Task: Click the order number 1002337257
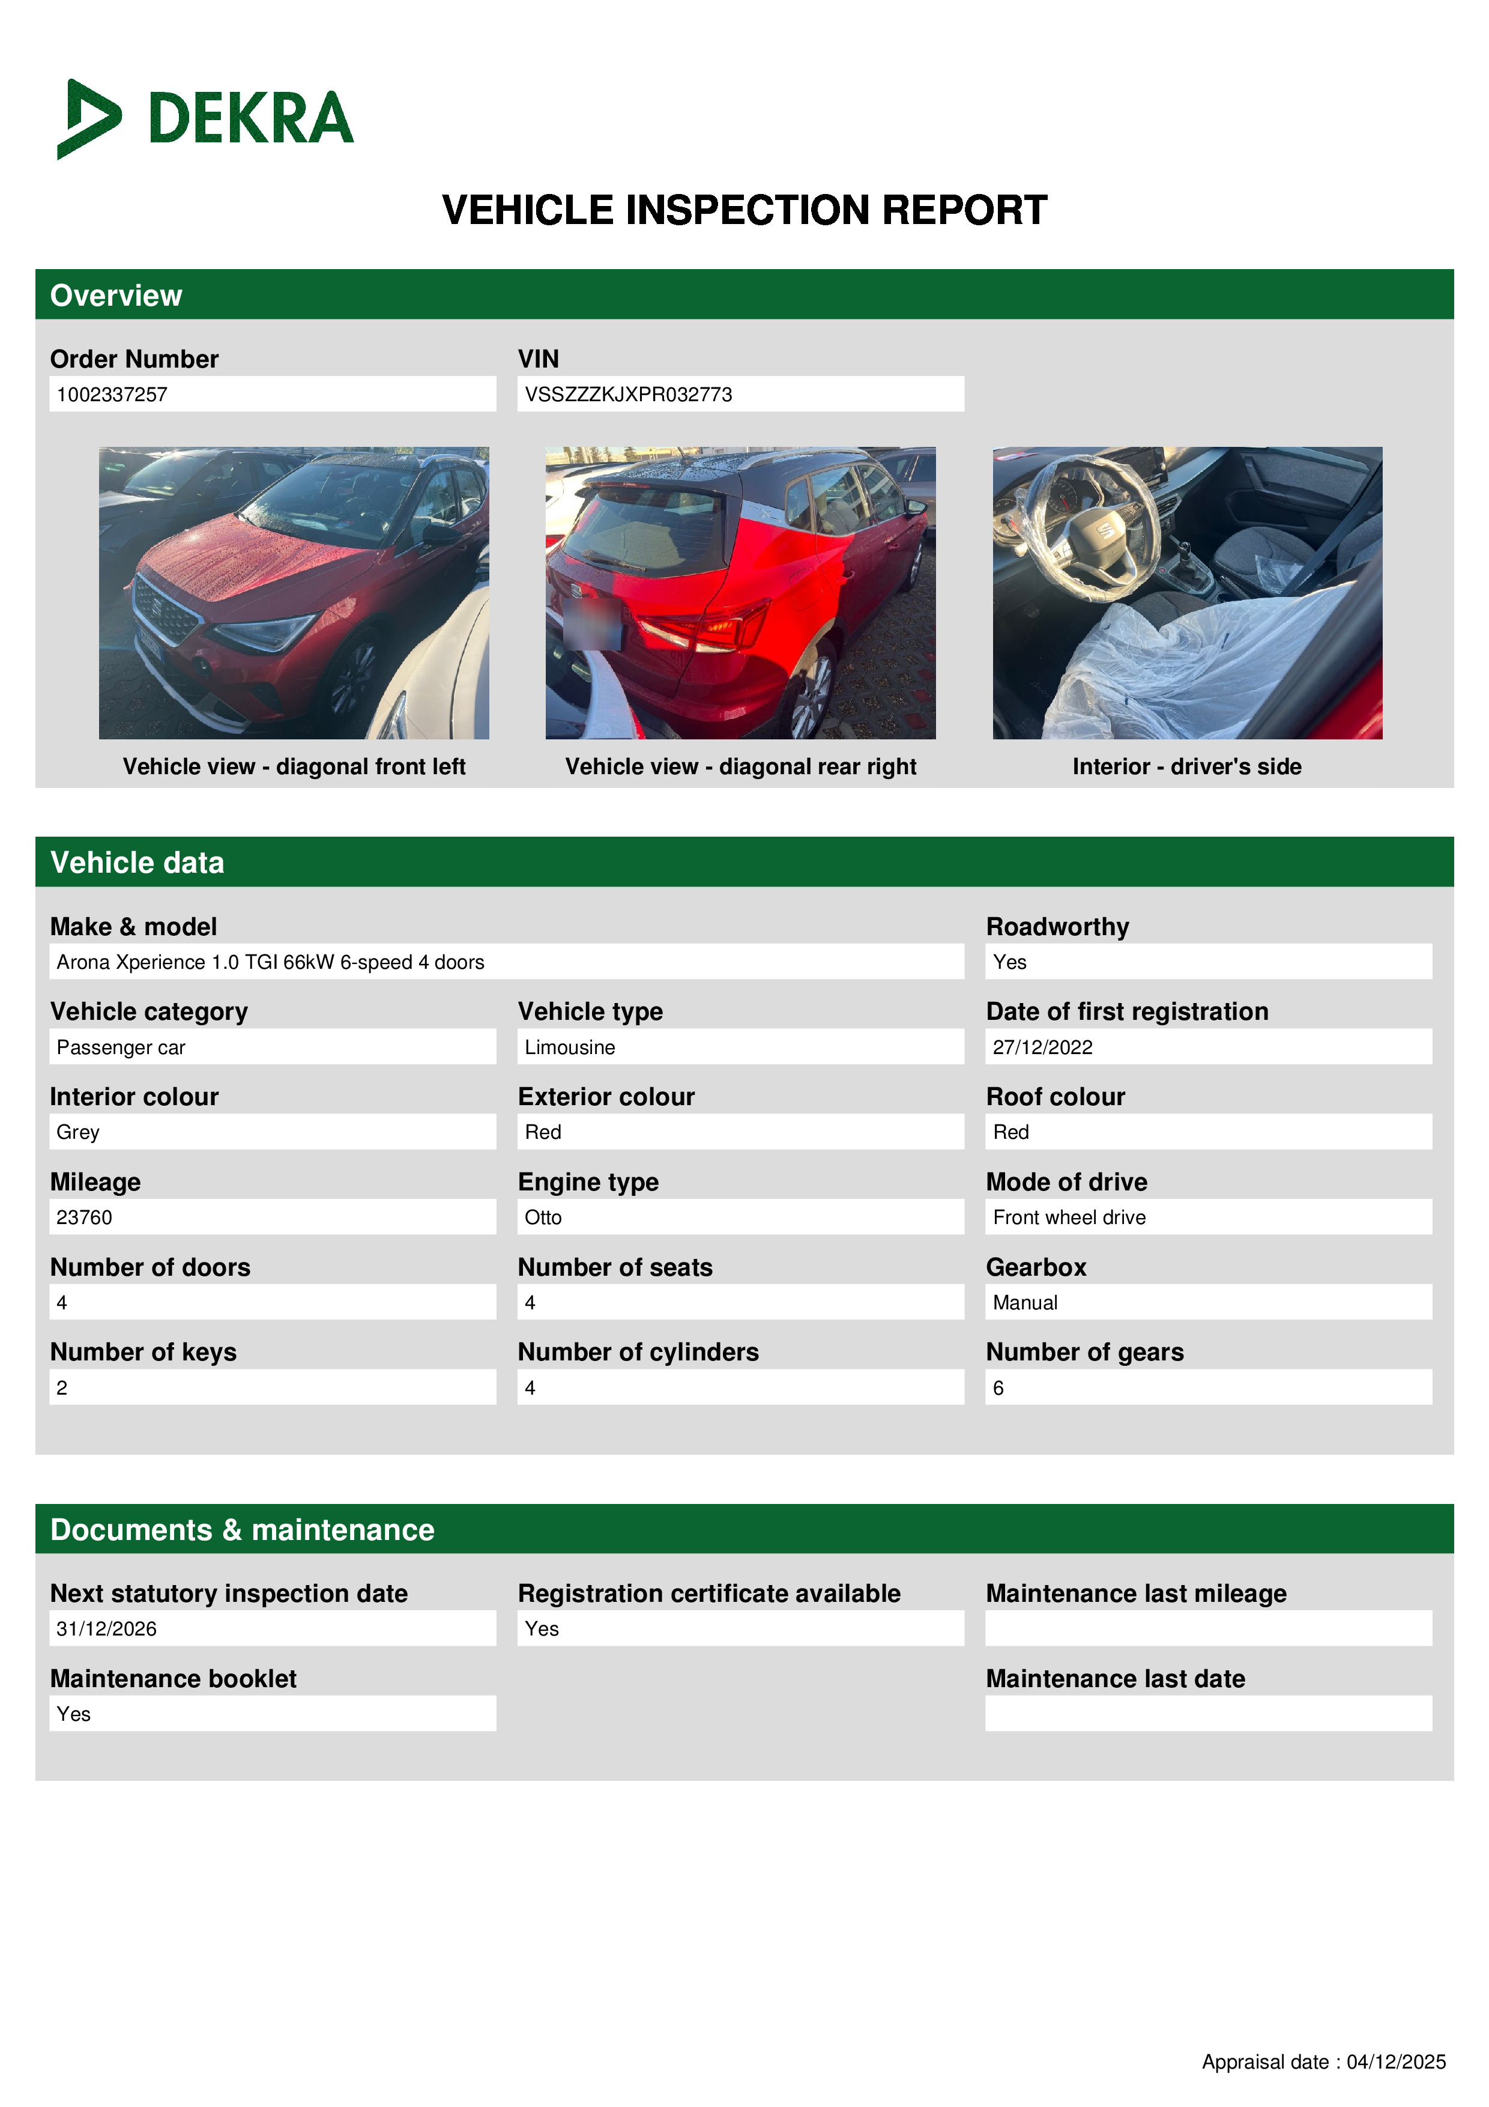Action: [x=112, y=395]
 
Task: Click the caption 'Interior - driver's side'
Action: [x=1186, y=766]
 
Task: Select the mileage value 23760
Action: [x=85, y=1217]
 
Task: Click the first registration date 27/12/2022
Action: [x=1042, y=1047]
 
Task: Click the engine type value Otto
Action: [x=543, y=1217]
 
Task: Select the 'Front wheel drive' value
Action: [x=1069, y=1217]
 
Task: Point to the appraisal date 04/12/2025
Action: [x=1395, y=2062]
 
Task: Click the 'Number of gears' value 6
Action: [x=998, y=1387]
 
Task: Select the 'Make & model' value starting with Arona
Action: [x=270, y=962]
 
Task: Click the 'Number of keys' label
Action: [x=143, y=1352]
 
